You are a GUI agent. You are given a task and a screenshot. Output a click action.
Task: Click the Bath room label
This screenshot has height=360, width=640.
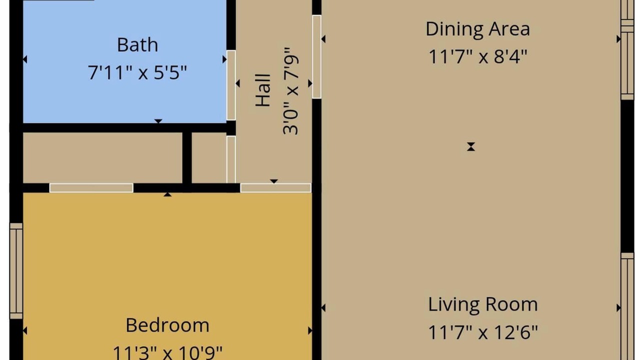(x=137, y=45)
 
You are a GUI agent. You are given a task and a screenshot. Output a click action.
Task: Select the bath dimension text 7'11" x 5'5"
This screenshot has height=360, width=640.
(x=137, y=72)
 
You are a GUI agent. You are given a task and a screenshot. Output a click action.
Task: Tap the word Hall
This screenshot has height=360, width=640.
(x=263, y=90)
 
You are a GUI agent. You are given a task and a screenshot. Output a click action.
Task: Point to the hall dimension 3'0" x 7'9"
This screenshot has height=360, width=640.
(x=290, y=91)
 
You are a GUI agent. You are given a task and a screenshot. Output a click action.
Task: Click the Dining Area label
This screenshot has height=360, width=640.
(x=477, y=29)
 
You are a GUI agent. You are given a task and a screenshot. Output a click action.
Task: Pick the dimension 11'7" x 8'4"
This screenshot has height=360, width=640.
(x=477, y=56)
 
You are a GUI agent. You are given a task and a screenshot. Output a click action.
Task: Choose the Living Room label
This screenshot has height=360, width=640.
(x=483, y=304)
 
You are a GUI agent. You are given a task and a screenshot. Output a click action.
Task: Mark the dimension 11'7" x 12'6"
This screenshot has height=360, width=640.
(x=483, y=332)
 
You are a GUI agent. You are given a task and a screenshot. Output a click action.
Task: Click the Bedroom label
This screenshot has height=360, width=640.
(x=167, y=325)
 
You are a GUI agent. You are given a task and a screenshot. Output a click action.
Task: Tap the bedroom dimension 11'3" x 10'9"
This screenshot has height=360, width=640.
(x=167, y=352)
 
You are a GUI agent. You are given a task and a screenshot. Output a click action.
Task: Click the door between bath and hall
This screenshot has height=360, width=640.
(x=231, y=85)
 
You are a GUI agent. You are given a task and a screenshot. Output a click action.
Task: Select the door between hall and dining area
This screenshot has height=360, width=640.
(x=316, y=56)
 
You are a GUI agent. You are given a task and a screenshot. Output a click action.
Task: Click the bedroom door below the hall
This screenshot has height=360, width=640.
(x=275, y=188)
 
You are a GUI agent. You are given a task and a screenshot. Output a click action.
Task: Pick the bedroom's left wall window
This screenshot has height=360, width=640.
(x=16, y=271)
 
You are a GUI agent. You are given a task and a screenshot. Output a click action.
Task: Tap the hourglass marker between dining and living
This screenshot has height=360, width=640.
(x=471, y=146)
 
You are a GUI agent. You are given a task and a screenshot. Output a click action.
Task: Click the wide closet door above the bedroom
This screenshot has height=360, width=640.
(x=91, y=188)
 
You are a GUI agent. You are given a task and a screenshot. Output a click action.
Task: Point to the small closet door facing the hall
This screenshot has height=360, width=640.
(x=231, y=159)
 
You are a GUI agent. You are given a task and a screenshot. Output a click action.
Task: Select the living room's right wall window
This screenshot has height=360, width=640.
(x=627, y=306)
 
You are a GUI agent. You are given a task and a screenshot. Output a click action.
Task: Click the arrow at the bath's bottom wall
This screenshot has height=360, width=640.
(x=158, y=121)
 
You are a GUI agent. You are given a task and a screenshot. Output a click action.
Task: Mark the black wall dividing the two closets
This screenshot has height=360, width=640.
(x=187, y=157)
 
